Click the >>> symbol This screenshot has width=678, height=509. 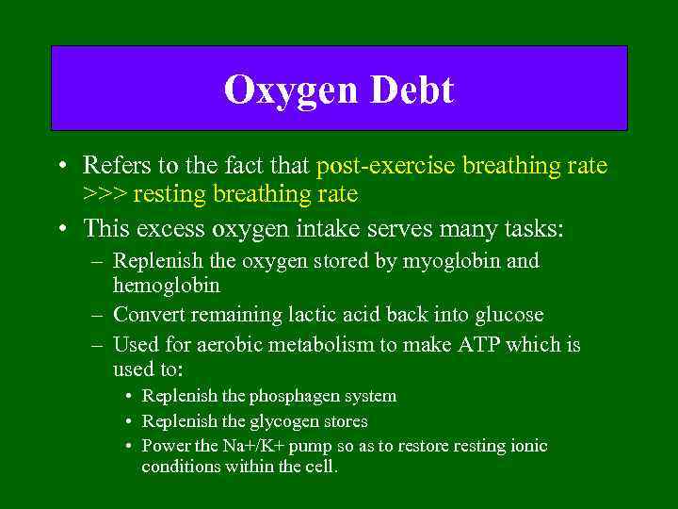point(105,194)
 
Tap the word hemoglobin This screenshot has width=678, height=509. point(167,284)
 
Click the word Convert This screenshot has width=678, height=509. point(150,314)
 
